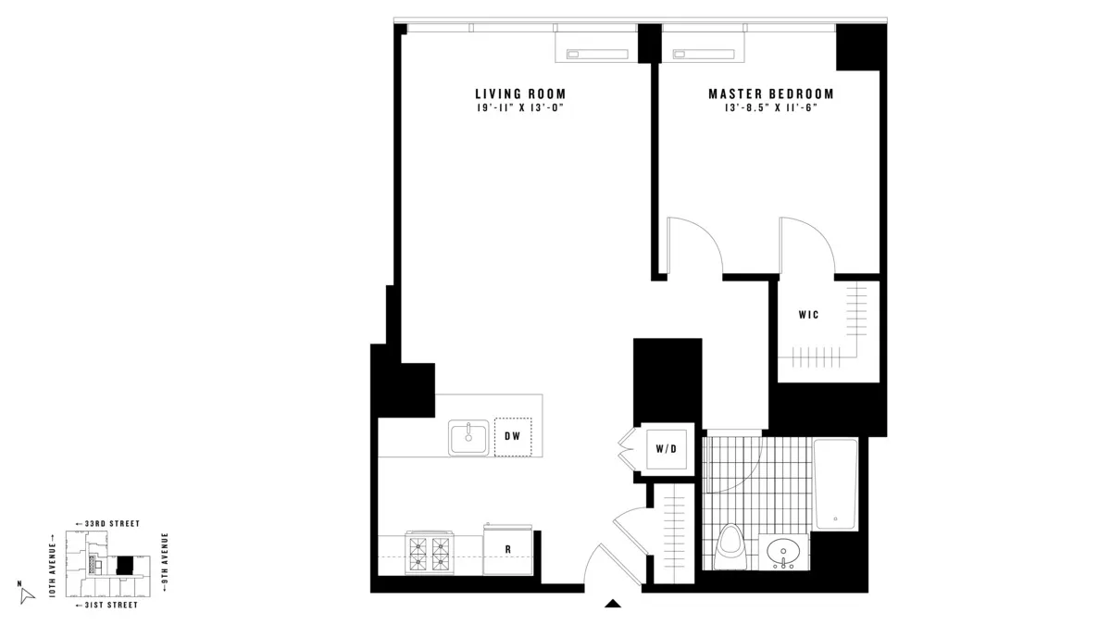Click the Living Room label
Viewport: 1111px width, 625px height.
(519, 94)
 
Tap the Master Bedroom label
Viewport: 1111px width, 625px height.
(770, 94)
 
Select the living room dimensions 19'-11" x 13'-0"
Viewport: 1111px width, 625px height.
(519, 108)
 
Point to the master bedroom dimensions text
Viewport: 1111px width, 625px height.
(770, 108)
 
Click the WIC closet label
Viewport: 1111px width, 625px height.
(808, 315)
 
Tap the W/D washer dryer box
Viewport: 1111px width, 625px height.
(667, 450)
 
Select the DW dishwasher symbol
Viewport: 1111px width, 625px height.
(513, 436)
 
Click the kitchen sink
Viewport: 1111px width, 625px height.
(469, 437)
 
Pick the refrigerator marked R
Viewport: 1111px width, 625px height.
(507, 548)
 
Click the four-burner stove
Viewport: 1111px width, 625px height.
(429, 553)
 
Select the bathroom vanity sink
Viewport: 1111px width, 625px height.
(784, 554)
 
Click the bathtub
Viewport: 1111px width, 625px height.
(835, 484)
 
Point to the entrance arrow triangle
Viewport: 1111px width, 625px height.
(612, 605)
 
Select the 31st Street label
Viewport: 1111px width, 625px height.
(106, 605)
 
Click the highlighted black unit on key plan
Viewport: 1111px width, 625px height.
(124, 565)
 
